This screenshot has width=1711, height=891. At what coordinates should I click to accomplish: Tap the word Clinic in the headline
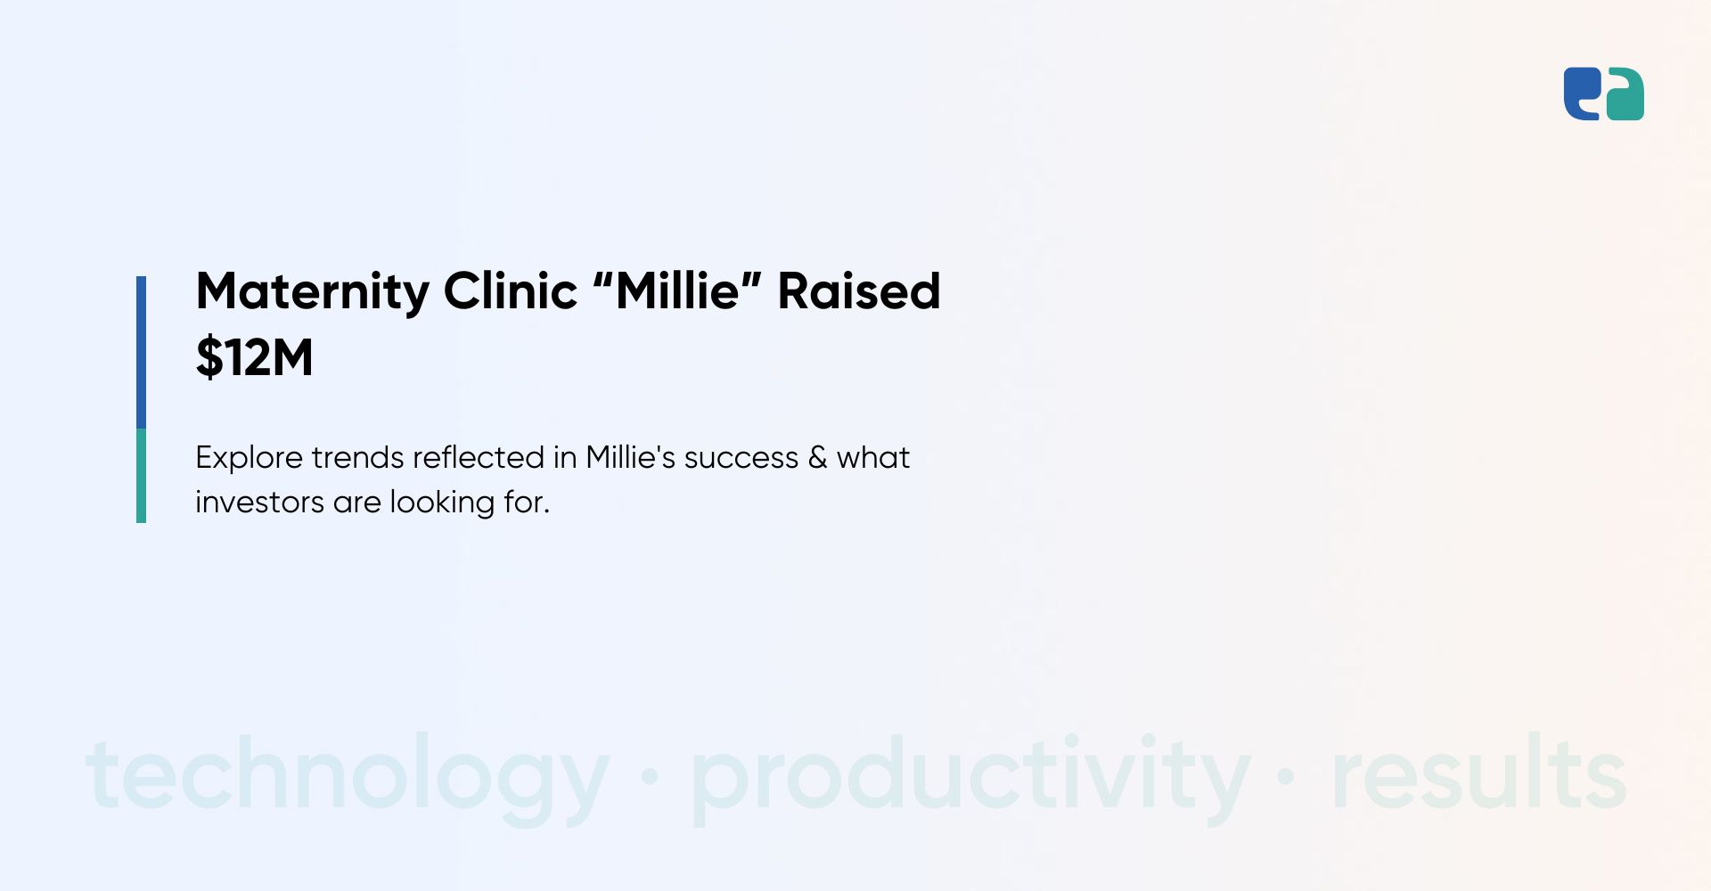[x=511, y=290]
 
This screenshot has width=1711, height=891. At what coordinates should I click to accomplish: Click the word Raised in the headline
[x=859, y=290]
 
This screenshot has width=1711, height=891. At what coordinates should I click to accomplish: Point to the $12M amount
[x=255, y=358]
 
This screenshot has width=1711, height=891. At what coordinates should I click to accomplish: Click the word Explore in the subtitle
[x=249, y=458]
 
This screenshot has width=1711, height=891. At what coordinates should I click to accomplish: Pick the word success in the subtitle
[x=741, y=458]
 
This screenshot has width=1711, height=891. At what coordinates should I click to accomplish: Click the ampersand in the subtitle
[x=817, y=458]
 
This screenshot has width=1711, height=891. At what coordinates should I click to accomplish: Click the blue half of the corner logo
[x=1582, y=94]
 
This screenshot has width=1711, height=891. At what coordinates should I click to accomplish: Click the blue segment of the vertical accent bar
[x=141, y=353]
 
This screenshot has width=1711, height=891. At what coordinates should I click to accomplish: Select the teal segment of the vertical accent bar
[x=141, y=476]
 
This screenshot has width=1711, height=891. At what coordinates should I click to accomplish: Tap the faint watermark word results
[x=1479, y=772]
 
